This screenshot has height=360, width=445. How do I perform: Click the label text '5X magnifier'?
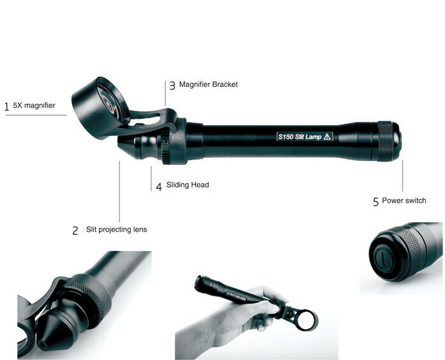pos(34,105)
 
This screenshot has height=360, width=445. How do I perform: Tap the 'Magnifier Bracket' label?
pos(208,84)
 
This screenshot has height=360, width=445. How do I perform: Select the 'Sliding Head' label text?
pos(188,184)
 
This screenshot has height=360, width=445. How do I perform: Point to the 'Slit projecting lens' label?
pos(116,229)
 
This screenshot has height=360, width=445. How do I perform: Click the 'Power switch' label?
pos(404,200)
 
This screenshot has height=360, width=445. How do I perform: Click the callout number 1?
pos(7,107)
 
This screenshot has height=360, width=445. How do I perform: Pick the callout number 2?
pos(75,230)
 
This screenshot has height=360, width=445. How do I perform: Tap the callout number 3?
pos(172,86)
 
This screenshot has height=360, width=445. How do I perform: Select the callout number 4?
pos(159,186)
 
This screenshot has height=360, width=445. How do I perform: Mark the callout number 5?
pos(376,202)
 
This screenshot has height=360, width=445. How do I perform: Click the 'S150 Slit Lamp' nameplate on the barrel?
pos(305,137)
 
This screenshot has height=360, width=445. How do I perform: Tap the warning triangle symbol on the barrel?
pos(328,137)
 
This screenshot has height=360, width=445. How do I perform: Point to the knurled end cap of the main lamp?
pos(388,141)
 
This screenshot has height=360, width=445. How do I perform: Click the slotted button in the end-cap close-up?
pos(382,259)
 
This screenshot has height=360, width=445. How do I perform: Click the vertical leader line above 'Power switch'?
pos(402,176)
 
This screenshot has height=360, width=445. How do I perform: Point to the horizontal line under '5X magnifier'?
pos(36,115)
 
